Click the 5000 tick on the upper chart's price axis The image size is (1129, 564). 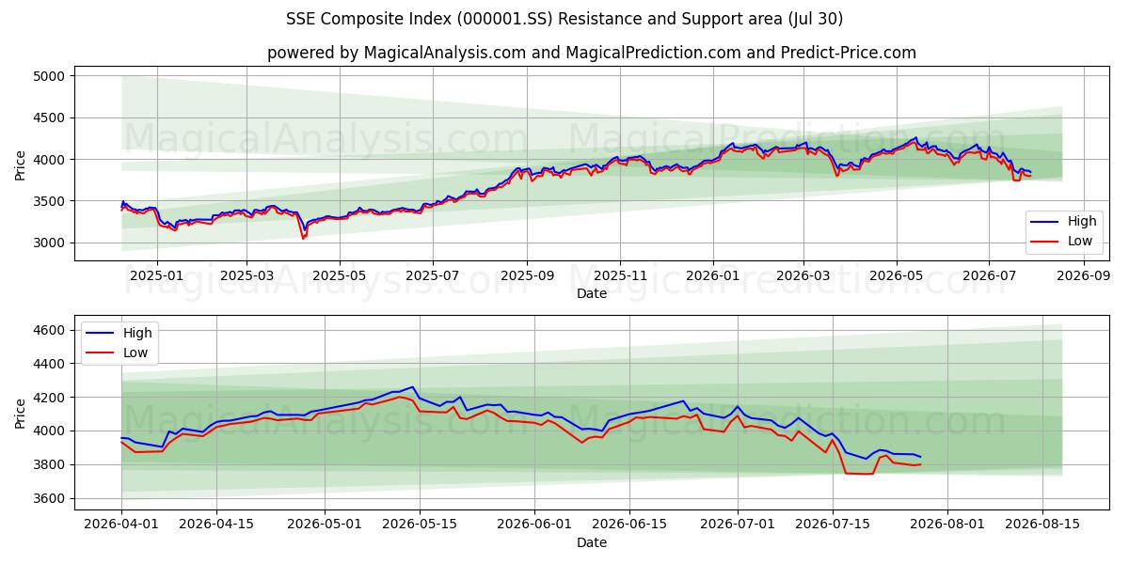(x=49, y=76)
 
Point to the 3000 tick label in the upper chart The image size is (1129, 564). (x=49, y=243)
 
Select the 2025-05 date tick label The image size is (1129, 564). (x=340, y=276)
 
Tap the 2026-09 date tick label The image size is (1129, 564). (x=1084, y=276)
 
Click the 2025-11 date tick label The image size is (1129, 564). (x=620, y=276)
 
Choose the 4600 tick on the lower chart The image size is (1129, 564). (x=49, y=330)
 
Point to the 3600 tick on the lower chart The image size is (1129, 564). (x=49, y=498)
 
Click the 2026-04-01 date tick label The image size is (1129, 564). (x=121, y=525)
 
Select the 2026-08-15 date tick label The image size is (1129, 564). (x=1042, y=525)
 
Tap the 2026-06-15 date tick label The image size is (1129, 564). (x=629, y=525)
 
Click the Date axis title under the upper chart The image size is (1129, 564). (x=592, y=293)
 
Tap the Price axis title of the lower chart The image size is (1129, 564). (x=20, y=414)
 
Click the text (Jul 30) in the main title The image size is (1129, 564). (x=815, y=19)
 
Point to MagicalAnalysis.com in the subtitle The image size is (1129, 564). (x=445, y=53)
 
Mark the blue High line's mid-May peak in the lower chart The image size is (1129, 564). (x=413, y=386)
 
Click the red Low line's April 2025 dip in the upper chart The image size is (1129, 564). (x=303, y=238)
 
